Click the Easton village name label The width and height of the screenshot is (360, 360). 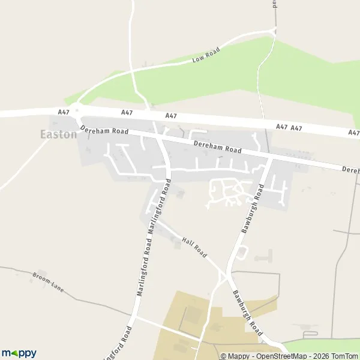pyautogui.click(x=58, y=134)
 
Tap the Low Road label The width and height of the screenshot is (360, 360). pyautogui.click(x=206, y=55)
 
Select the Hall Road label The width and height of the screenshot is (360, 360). pyautogui.click(x=194, y=246)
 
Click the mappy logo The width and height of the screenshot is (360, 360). pyautogui.click(x=19, y=353)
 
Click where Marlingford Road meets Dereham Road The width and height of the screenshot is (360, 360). pyautogui.click(x=160, y=137)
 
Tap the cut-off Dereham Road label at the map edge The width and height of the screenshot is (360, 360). pyautogui.click(x=350, y=170)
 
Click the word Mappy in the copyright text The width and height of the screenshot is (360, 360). pyautogui.click(x=238, y=356)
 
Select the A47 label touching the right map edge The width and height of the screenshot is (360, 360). pyautogui.click(x=353, y=133)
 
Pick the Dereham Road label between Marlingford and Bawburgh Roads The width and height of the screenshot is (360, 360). pyautogui.click(x=217, y=147)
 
